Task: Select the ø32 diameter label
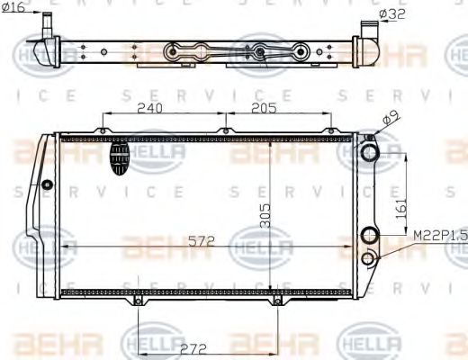393,13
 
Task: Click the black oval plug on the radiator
120,160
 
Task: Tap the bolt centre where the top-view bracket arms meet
261,52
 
